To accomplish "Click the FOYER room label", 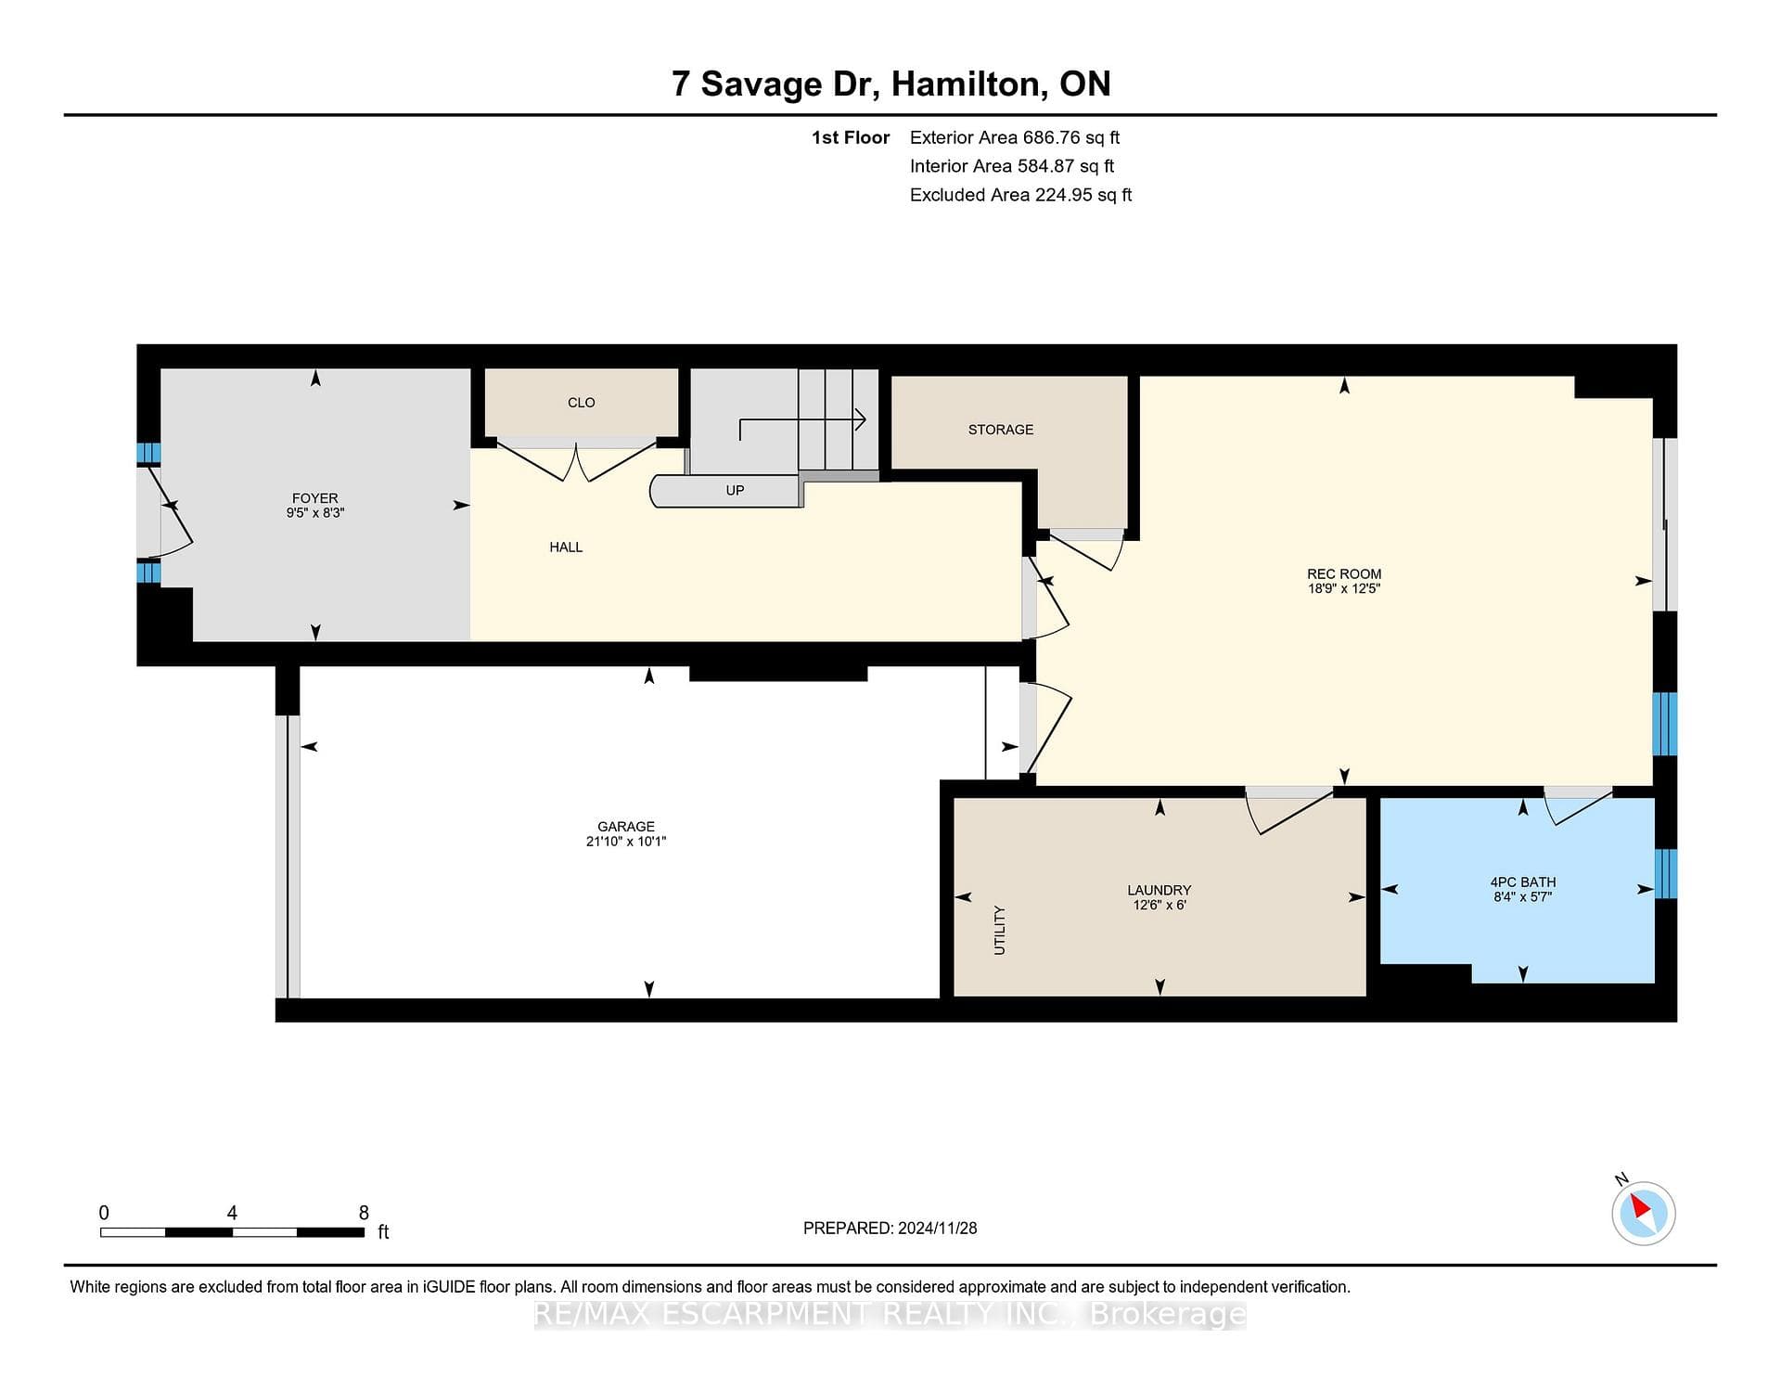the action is [x=315, y=498].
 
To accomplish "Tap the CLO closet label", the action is [x=582, y=403].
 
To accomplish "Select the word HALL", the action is [x=566, y=547].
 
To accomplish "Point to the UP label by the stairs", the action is [x=735, y=490].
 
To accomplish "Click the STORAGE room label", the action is [x=1001, y=430].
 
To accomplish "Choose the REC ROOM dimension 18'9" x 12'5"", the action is [x=1344, y=588].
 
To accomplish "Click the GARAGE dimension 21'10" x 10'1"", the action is [x=626, y=842].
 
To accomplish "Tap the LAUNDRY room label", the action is [x=1160, y=890].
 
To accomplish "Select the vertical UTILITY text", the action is [x=1000, y=931].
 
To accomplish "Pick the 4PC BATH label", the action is [x=1523, y=882].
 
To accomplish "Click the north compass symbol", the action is [x=1643, y=1211].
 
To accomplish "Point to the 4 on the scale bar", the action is [x=232, y=1213].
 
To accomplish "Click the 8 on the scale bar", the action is [x=364, y=1213].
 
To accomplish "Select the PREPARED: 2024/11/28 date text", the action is [x=890, y=1229].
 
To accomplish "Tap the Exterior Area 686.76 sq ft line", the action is [x=1015, y=137].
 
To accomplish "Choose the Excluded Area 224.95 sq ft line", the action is [x=1020, y=195].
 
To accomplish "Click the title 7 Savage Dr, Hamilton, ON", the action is [x=891, y=84].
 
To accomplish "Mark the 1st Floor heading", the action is [x=851, y=137].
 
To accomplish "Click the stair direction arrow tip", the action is [x=865, y=419].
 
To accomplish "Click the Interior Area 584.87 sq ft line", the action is [x=1012, y=166].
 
